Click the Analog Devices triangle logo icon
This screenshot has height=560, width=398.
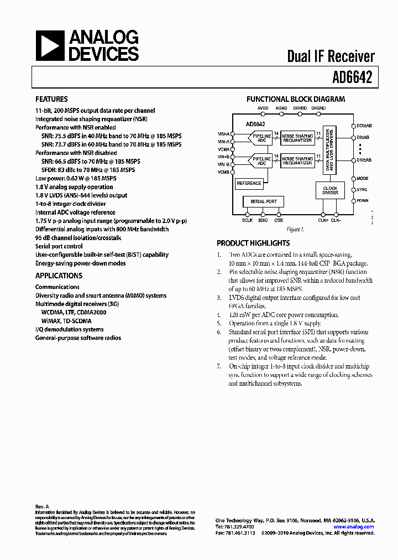50,45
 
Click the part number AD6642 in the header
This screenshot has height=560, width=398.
353,78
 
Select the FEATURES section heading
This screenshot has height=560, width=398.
51,100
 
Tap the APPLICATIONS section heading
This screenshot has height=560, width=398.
59,276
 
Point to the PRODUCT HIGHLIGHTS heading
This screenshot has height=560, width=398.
253,243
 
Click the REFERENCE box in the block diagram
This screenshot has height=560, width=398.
249,183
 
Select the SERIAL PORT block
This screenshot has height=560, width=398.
264,201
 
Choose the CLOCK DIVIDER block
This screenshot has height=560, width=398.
330,191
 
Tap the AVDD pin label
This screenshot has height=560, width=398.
263,108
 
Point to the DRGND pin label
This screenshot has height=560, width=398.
318,108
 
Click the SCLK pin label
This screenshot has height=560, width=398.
247,220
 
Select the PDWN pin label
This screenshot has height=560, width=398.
363,201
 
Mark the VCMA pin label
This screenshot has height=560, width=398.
223,149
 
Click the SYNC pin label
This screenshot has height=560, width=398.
363,190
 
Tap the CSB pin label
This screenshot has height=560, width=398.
279,220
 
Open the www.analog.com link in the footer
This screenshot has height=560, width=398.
358,527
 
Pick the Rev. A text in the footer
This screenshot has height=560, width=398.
43,507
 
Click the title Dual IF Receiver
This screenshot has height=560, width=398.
331,56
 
